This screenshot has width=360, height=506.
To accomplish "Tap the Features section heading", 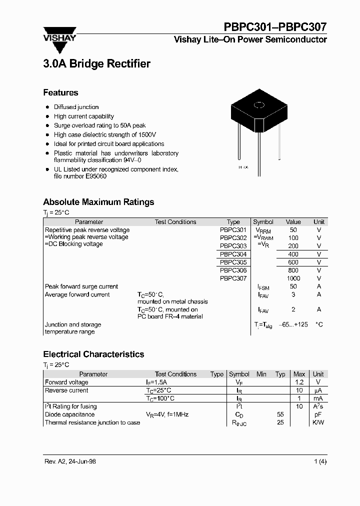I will [x=60, y=92].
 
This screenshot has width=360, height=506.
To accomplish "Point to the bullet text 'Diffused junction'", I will [x=76, y=107].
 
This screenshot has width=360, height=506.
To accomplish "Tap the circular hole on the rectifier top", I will [x=259, y=105].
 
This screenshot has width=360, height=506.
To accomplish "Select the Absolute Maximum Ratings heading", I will [x=98, y=202].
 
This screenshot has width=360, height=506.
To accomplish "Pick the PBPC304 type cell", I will [x=233, y=254].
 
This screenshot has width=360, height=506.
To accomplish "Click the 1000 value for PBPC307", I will [x=293, y=278].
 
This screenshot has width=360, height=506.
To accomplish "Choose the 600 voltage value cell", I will [x=293, y=262].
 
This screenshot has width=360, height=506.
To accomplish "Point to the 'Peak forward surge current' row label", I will [x=81, y=286].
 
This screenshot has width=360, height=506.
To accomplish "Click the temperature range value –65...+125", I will [x=293, y=324].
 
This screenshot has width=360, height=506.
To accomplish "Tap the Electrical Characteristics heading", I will [x=93, y=354].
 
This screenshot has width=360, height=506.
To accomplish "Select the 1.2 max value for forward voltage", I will [x=299, y=382].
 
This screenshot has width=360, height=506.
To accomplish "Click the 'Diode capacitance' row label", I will [x=69, y=414].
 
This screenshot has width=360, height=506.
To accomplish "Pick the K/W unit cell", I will [x=318, y=422].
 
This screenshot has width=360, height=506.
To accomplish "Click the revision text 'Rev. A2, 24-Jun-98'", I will [x=69, y=461].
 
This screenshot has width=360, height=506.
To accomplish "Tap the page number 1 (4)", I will [x=320, y=461].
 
